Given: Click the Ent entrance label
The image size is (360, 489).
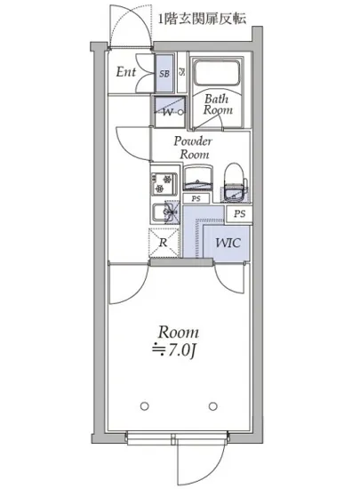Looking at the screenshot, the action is pos(126,72).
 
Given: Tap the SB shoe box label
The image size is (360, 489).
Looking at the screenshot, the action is pos(164,74).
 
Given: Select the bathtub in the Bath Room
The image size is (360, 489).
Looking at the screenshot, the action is pos(218,73).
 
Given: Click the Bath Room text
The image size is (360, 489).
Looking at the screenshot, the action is pos(218,105).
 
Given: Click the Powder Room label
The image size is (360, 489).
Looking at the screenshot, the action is pos(193,148).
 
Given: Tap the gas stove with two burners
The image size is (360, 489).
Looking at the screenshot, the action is pos(164,184).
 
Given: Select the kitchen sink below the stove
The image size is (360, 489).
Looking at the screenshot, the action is pos(166,212).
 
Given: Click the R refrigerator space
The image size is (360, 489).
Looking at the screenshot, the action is pos(164,243).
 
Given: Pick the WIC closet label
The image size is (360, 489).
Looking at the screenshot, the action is pos(228,243).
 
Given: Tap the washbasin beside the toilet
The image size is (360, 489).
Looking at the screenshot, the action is pos(198,178).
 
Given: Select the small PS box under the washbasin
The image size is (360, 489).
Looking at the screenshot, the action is pos(196,198).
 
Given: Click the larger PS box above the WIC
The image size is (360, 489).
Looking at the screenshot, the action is pos(239,214).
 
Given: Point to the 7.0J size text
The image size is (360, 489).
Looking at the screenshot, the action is pos(174,350).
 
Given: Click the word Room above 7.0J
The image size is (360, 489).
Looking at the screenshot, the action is pos(179,333).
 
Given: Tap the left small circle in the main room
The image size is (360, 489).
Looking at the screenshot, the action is pos(144,406).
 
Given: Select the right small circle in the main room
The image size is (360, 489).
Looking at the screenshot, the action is pos(213,406).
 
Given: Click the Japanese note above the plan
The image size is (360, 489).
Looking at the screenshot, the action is pos(203,19).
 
